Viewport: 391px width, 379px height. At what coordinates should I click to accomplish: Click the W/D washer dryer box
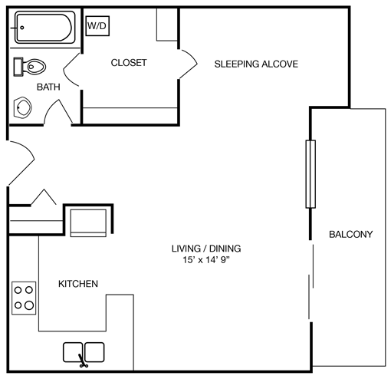97,26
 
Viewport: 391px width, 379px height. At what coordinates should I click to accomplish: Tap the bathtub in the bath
44,29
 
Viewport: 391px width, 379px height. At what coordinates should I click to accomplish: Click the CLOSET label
129,63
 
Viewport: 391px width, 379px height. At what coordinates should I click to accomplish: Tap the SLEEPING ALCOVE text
255,64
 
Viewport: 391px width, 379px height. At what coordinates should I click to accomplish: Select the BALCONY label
350,234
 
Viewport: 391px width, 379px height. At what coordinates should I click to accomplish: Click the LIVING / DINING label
206,249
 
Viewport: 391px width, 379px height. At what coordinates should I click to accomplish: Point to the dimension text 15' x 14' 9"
206,261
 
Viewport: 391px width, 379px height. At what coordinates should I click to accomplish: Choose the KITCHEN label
78,284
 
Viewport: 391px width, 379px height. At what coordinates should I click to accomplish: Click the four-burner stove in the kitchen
24,297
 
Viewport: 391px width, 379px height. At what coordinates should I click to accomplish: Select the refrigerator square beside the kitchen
87,222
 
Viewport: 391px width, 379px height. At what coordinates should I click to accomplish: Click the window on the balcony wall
310,174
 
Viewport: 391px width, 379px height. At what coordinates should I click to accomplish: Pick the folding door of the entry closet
43,198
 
